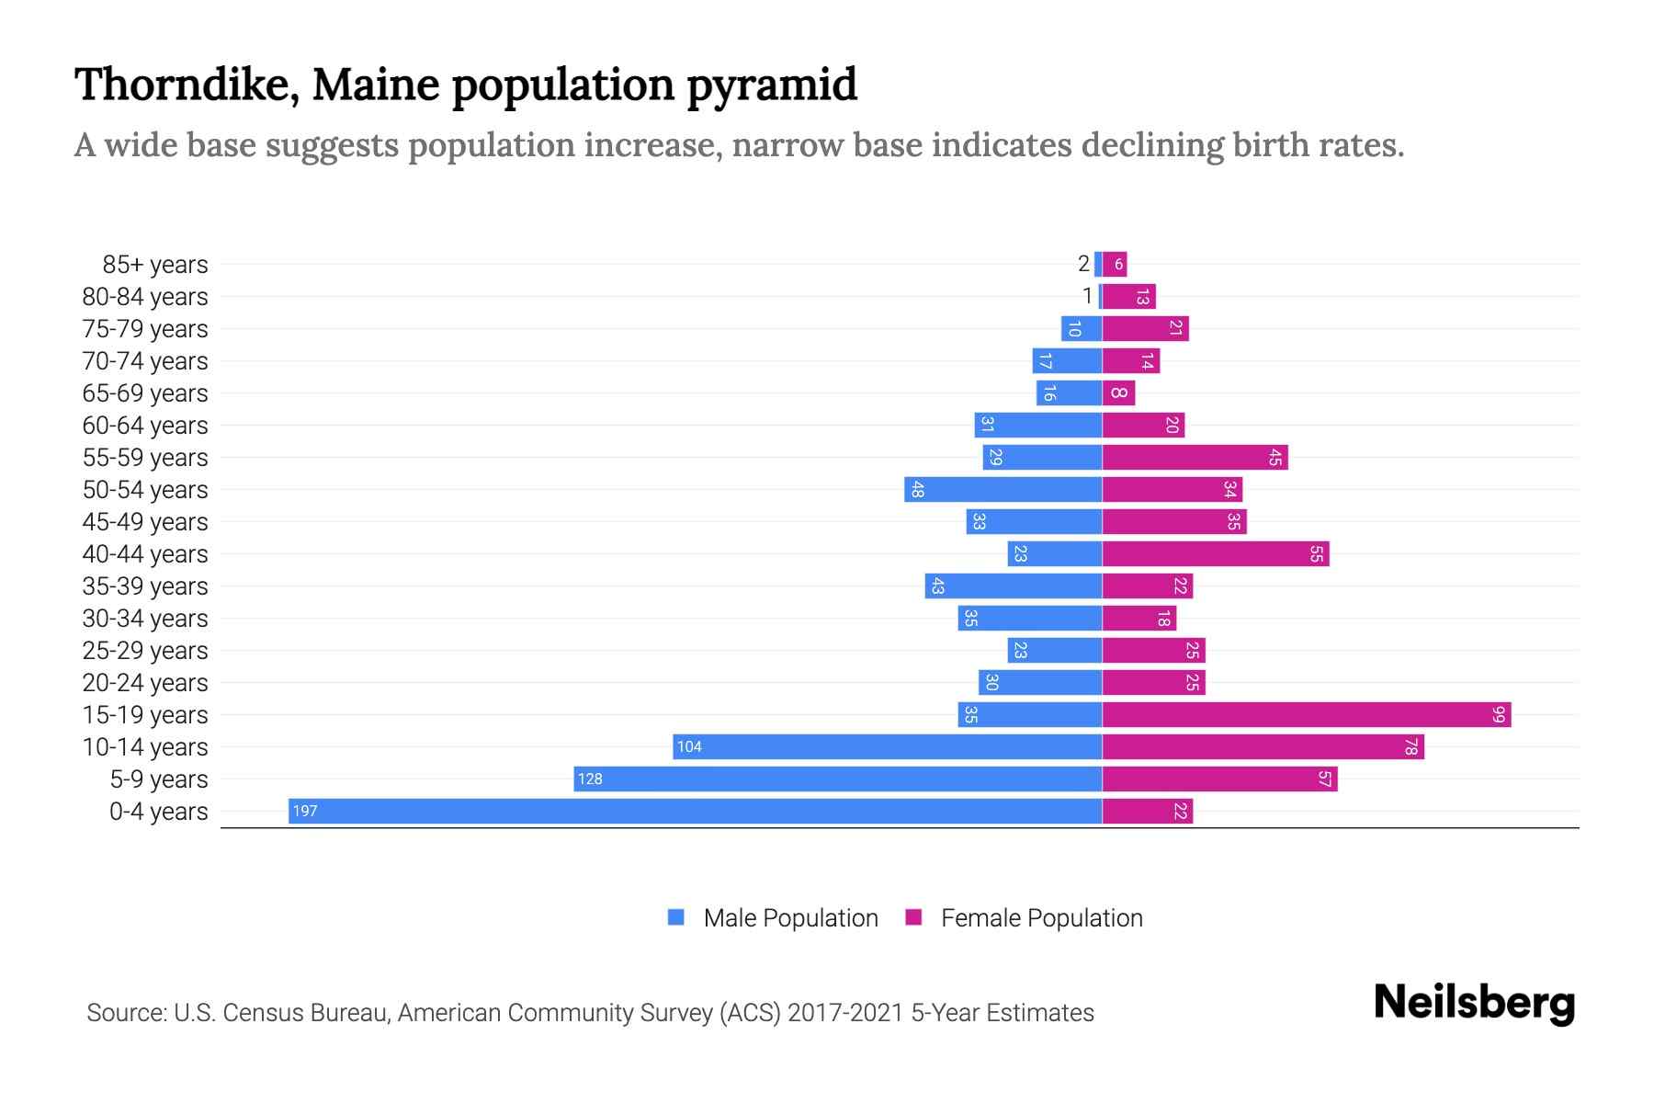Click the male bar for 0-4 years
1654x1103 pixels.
695,811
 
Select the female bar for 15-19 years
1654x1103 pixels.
1306,714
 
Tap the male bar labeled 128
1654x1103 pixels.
837,779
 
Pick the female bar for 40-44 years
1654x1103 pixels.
1215,553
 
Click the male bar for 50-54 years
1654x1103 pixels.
1003,489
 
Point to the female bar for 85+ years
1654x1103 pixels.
1115,264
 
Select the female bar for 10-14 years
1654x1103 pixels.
1263,746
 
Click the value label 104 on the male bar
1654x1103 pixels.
689,746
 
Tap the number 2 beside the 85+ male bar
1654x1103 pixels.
1083,264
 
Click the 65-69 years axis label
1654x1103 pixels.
145,393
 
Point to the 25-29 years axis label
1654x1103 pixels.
145,651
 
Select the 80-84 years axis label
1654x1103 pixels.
145,297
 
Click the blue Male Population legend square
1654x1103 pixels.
676,917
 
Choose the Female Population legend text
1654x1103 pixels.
1041,918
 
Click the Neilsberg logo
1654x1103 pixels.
1474,1003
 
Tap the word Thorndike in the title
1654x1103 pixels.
186,85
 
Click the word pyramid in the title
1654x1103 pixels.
772,85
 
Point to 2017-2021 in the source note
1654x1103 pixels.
844,1013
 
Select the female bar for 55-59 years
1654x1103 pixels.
1195,457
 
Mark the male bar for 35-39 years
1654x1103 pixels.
1013,586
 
